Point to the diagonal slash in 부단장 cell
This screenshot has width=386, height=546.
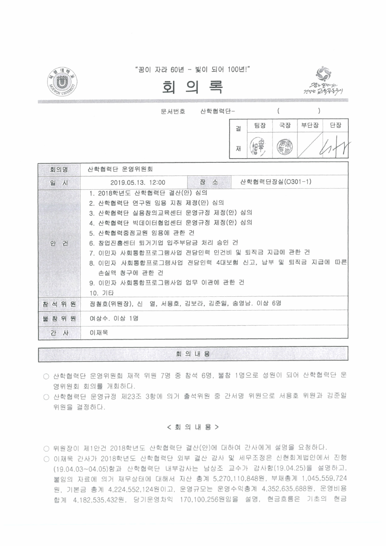pyautogui.click(x=310, y=145)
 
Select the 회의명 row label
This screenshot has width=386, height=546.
pyautogui.click(x=59, y=169)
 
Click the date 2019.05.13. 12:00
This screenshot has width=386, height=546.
pyautogui.click(x=138, y=183)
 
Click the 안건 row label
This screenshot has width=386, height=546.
pyautogui.click(x=59, y=243)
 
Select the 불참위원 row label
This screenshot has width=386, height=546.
pyautogui.click(x=59, y=319)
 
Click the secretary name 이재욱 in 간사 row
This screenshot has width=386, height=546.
pyautogui.click(x=98, y=333)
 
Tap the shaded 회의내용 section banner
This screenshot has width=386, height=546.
pyautogui.click(x=193, y=354)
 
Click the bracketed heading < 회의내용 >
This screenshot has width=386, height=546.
pyautogui.click(x=193, y=427)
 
